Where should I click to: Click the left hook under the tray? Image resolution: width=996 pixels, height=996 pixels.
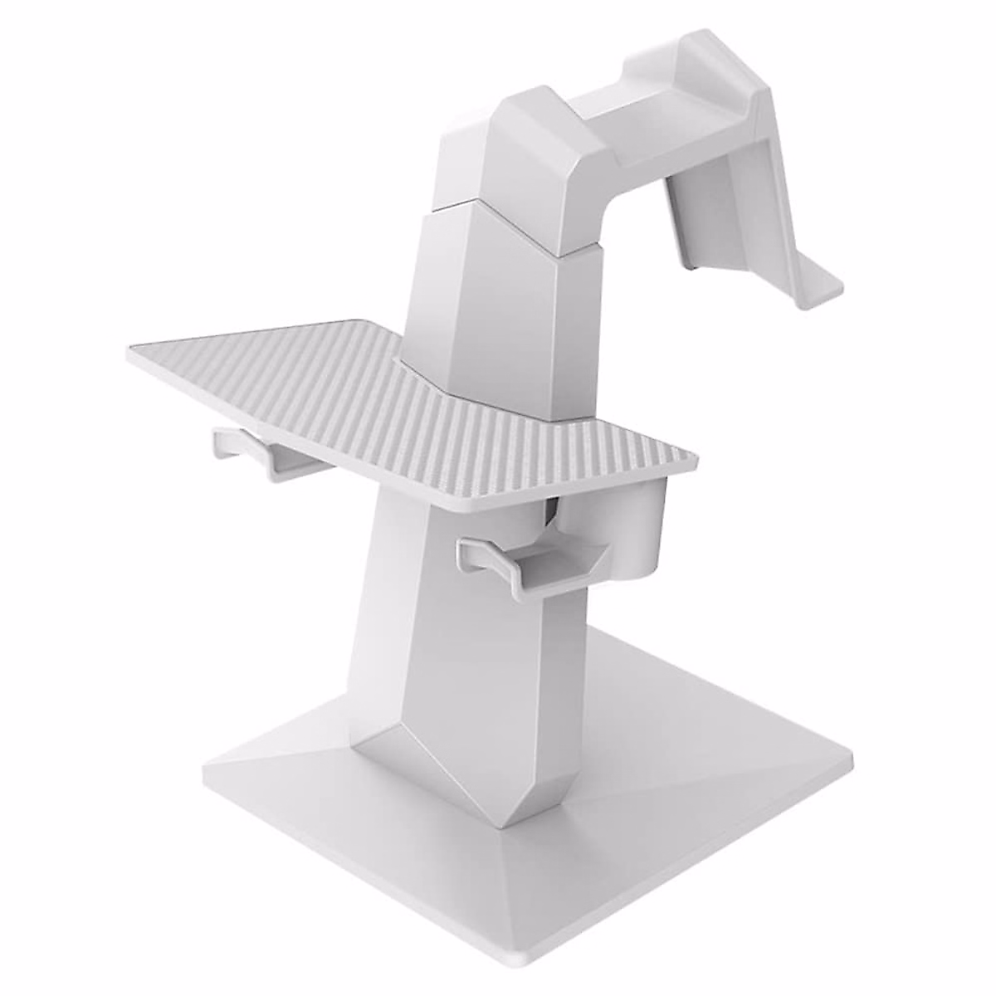click(249, 452)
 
